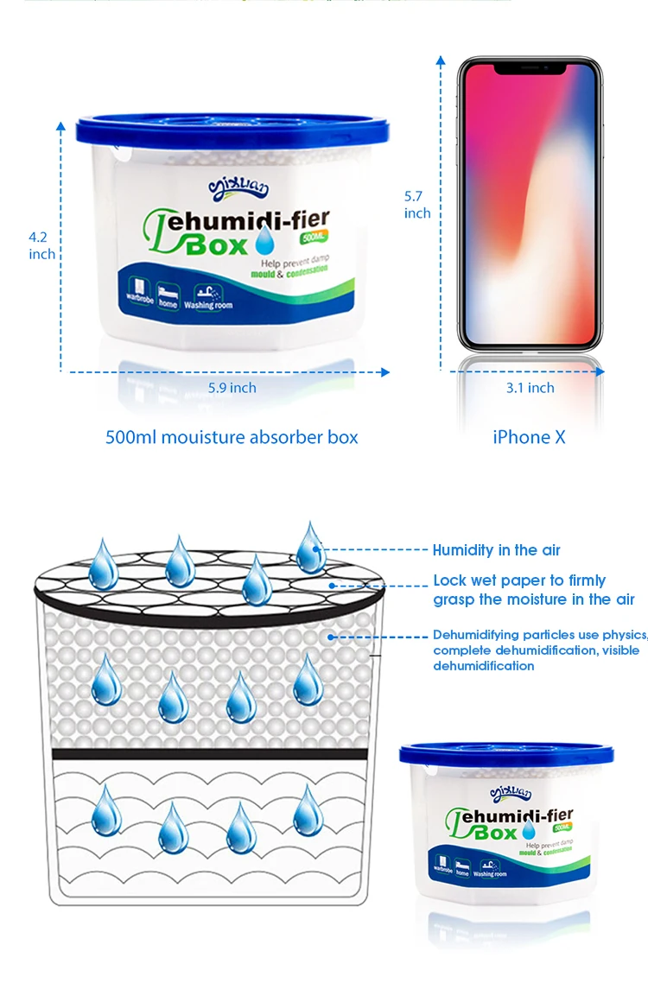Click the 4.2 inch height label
[x=41, y=244]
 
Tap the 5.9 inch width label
[x=232, y=388]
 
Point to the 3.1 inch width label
[x=530, y=388]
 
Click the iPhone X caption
[x=529, y=437]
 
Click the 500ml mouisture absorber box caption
[x=232, y=437]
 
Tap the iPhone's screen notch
[x=529, y=66]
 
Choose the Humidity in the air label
[x=496, y=550]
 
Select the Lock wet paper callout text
[x=533, y=590]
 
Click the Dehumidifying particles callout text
[x=539, y=650]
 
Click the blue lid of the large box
[x=216, y=127]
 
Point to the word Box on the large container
[x=219, y=246]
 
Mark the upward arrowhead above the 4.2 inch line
[x=60, y=126]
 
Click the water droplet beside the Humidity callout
[x=309, y=546]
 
